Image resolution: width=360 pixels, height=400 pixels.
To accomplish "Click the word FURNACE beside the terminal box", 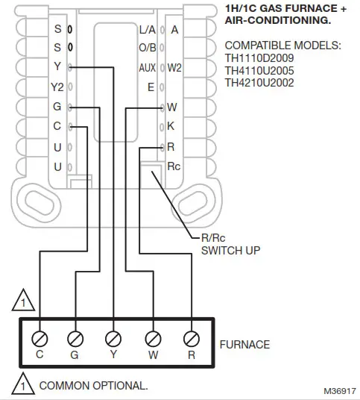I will [244, 345].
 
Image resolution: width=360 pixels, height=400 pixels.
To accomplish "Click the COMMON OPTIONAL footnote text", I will [92, 386].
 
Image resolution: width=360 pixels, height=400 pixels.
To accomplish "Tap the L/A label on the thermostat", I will [147, 30].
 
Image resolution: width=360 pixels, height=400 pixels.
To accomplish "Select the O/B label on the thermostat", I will [147, 49].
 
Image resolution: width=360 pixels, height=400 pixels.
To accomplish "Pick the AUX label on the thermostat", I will [147, 68].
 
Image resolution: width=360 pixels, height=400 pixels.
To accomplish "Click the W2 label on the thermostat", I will [174, 68].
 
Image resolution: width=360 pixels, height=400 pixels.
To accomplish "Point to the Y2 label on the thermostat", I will [57, 87].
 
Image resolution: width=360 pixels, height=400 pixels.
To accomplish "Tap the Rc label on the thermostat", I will [174, 166].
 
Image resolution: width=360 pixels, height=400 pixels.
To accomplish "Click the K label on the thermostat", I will [171, 126].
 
